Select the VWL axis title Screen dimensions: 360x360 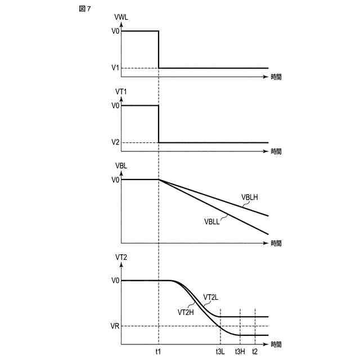point(121,17)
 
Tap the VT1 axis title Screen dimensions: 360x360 point(121,92)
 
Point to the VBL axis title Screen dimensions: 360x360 point(121,166)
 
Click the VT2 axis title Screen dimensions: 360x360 point(121,257)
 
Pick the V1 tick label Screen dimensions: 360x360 point(115,68)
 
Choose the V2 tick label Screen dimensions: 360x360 point(115,142)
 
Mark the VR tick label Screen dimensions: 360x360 point(115,326)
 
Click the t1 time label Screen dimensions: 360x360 point(158,352)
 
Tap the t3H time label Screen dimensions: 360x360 point(240,352)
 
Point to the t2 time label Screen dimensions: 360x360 point(255,352)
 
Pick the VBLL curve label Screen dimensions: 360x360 point(212,222)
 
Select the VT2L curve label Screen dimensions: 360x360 point(211,298)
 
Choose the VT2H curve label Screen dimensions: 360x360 point(186,312)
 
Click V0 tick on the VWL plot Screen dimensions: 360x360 point(115,31)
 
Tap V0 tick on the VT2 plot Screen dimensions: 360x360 point(115,280)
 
